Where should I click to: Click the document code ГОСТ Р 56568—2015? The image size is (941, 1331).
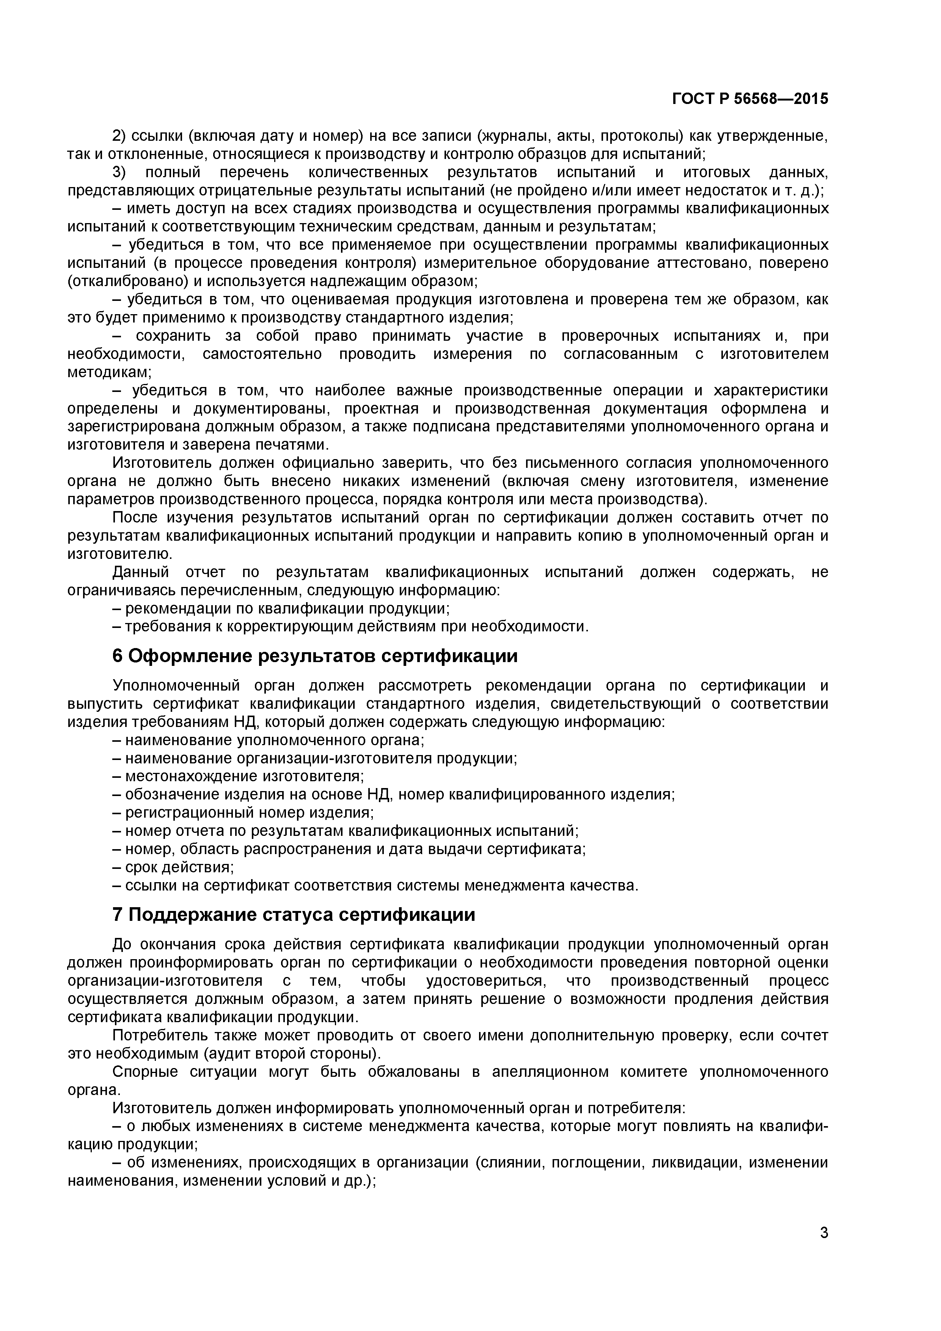click(750, 99)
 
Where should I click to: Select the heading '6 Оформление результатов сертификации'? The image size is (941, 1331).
click(315, 656)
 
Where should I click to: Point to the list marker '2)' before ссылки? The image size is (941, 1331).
click(119, 136)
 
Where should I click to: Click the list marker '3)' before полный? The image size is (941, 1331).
click(119, 173)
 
